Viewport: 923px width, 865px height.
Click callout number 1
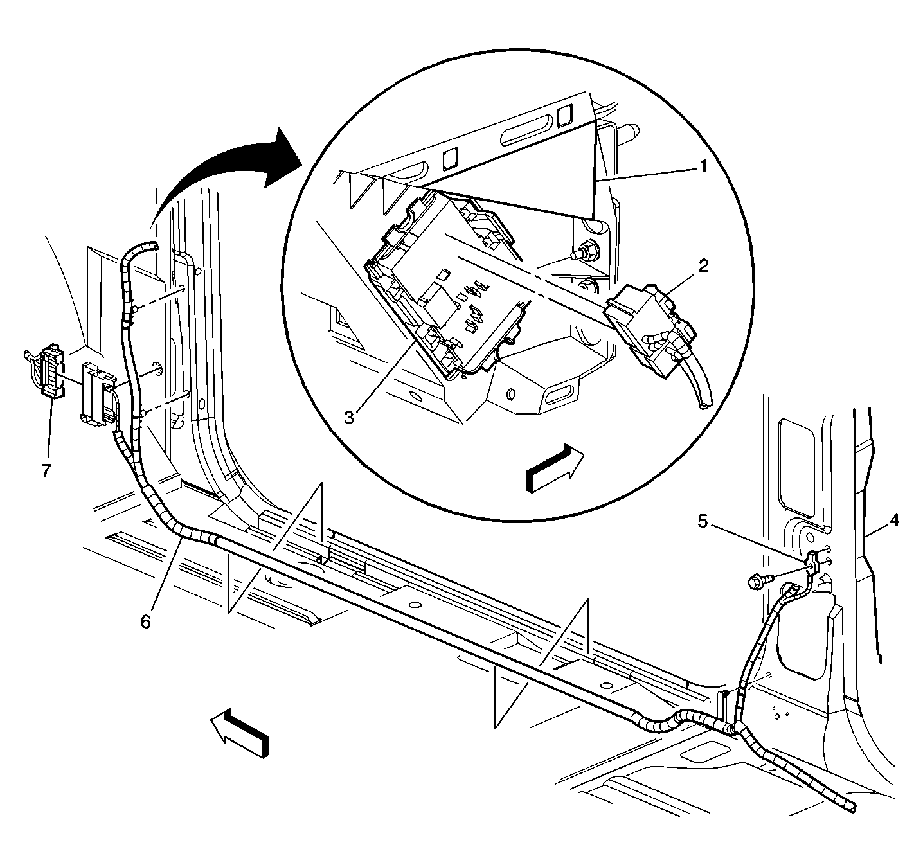(703, 168)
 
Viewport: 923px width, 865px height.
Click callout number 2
(704, 265)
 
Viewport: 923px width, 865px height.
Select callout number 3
(349, 417)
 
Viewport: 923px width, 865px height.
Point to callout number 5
(703, 522)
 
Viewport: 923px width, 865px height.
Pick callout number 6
(147, 621)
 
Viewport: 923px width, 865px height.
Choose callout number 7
(46, 470)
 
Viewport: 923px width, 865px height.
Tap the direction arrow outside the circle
(240, 731)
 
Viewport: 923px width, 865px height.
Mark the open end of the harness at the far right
(852, 807)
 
